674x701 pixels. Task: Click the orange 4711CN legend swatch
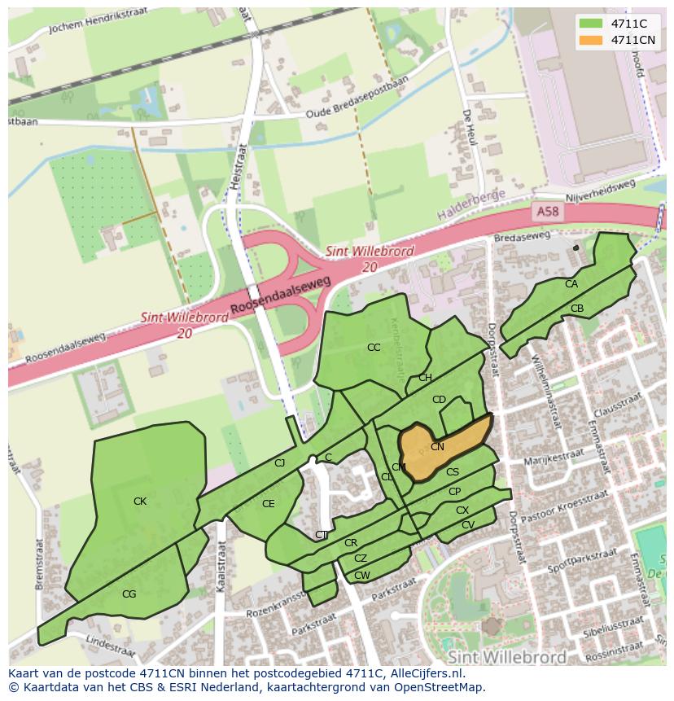click(591, 40)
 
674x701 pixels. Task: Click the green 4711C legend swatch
click(591, 24)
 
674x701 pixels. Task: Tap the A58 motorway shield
click(548, 211)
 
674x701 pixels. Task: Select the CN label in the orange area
click(437, 447)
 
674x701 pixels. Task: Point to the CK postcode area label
click(140, 502)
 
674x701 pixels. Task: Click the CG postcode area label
click(129, 594)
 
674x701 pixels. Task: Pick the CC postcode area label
click(374, 348)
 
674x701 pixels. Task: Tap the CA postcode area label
click(571, 284)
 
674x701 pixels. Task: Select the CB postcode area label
click(577, 309)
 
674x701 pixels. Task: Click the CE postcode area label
click(269, 504)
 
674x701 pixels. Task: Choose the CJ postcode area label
click(279, 463)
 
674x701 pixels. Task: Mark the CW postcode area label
click(362, 576)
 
